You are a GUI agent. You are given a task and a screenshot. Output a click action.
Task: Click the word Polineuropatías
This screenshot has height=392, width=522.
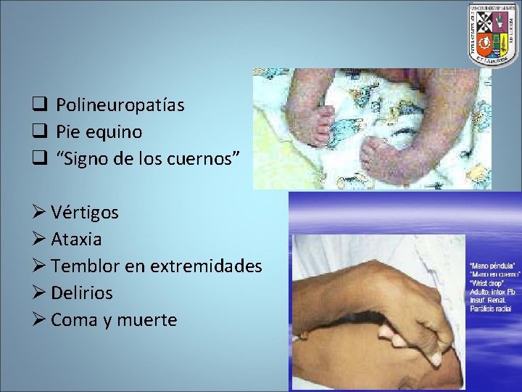click(120, 105)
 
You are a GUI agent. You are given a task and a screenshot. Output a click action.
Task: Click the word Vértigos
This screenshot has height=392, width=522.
click(85, 212)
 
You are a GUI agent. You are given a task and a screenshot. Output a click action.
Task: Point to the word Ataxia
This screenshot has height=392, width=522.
click(76, 239)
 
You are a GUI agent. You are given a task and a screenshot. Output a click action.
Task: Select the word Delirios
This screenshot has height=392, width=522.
click(82, 293)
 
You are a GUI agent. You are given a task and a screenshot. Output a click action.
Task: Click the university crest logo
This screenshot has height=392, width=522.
click(494, 34)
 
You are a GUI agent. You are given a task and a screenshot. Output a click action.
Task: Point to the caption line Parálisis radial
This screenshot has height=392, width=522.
click(490, 309)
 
